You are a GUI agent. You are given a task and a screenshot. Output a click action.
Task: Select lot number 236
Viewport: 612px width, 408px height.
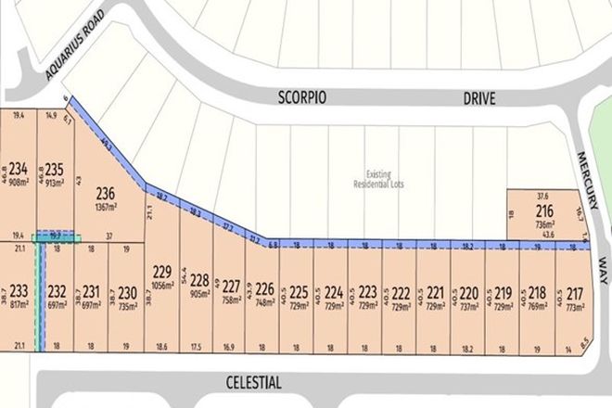106,194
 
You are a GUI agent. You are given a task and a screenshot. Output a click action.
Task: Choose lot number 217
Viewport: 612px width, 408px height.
576,288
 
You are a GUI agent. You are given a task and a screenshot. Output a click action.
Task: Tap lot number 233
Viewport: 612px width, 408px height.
17,290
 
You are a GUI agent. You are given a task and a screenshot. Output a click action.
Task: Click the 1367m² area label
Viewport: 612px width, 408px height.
106,208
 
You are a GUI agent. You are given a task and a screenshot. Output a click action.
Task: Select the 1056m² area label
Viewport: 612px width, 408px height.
162,286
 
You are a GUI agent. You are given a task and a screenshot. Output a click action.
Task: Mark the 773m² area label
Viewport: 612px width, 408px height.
576,303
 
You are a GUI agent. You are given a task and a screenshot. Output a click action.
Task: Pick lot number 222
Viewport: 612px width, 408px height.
402,288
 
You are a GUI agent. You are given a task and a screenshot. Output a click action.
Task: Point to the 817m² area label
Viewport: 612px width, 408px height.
17,305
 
